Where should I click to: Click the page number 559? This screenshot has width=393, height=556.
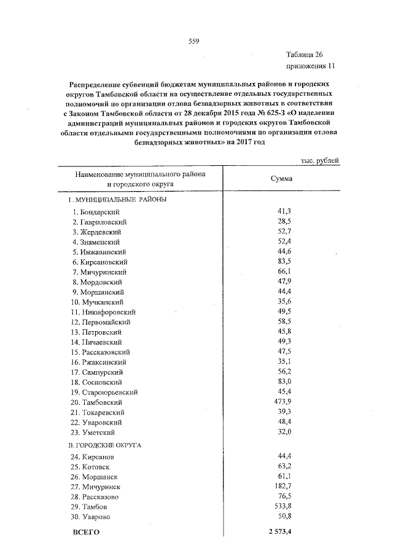[193, 42]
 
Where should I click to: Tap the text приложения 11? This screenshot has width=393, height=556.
[310, 66]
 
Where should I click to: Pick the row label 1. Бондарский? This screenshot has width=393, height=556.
[96, 212]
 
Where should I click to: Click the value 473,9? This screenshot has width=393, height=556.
[281, 401]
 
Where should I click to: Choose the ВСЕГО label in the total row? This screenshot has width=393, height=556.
[86, 531]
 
